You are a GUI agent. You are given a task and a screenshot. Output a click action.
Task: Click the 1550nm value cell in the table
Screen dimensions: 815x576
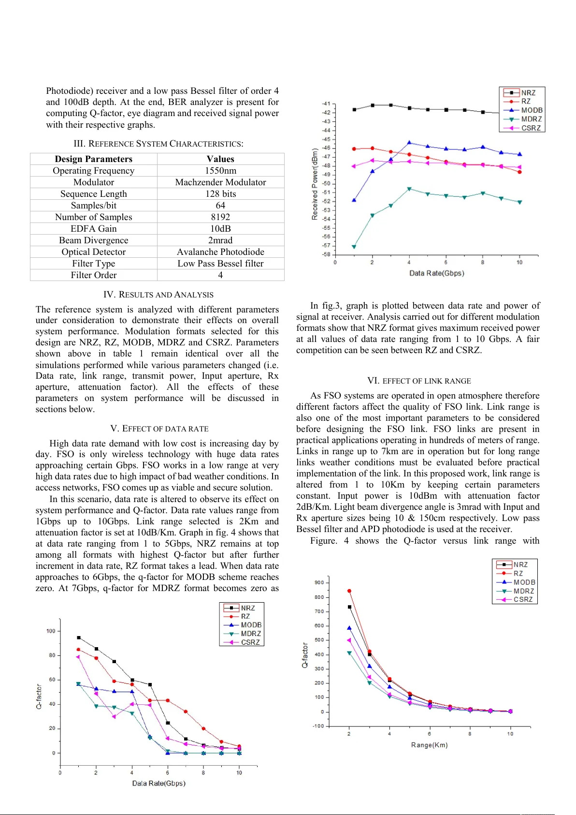[220, 171]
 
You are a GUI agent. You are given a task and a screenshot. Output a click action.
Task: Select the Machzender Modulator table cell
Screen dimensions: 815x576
[220, 182]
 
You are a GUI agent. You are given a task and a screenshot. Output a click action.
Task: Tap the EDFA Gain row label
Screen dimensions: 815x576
[93, 229]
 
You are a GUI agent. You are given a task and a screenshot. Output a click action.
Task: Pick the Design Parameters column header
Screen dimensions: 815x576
[93, 159]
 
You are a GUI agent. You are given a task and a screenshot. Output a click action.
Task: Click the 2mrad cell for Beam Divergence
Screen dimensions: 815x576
[220, 240]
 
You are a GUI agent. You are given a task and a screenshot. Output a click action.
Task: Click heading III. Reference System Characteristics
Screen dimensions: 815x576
[158, 144]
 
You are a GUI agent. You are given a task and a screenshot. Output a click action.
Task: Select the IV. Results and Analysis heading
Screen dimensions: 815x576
[158, 295]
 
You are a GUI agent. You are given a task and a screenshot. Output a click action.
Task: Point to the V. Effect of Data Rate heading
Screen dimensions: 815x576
[159, 429]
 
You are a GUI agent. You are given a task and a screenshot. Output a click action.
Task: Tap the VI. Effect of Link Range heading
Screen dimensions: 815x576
[418, 381]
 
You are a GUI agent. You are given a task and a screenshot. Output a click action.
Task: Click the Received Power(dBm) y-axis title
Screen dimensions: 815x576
[315, 184]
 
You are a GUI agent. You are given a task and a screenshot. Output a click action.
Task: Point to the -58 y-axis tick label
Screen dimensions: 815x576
[326, 254]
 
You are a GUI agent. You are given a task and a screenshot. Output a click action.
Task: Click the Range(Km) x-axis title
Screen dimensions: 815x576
[429, 745]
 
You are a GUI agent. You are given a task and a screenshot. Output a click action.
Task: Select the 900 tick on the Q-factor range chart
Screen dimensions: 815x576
[319, 582]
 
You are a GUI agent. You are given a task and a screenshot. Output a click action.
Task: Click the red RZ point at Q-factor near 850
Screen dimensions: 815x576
[349, 591]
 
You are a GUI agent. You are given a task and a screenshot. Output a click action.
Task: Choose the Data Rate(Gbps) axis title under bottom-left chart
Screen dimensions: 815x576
[158, 783]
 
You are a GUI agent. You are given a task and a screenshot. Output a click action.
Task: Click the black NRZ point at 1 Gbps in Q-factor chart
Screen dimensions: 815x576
[79, 637]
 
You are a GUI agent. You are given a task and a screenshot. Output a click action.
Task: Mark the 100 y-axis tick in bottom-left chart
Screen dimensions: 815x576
[51, 631]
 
